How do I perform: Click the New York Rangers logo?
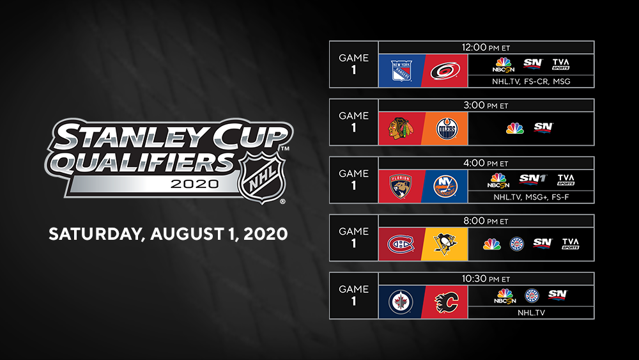pos(401,71)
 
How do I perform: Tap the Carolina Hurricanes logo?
pos(445,71)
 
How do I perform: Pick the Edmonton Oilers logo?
pos(447,129)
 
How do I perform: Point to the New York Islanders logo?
pos(445,187)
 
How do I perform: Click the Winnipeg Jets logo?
pos(401,302)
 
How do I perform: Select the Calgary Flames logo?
pos(446,302)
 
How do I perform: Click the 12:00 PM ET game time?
pos(486,47)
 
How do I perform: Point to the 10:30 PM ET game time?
pos(486,279)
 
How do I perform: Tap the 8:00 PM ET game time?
pos(486,221)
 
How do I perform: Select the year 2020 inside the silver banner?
pos(194,184)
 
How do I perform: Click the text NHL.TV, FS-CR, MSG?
pos(531,82)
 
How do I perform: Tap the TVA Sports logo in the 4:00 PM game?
pos(566,180)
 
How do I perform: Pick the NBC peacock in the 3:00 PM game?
pos(514,129)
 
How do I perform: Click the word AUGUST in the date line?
pos(187,234)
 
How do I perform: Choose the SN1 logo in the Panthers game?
pos(533,180)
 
